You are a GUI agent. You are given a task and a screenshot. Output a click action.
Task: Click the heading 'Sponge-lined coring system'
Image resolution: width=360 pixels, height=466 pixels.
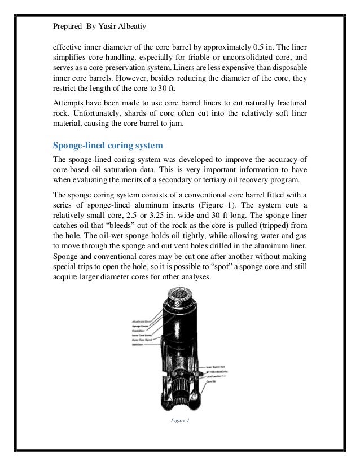point(108,146)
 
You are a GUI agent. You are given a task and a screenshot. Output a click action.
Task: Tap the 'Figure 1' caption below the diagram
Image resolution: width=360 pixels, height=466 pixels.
point(181,420)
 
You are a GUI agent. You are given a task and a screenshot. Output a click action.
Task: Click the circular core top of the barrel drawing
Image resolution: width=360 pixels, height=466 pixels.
point(181,294)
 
